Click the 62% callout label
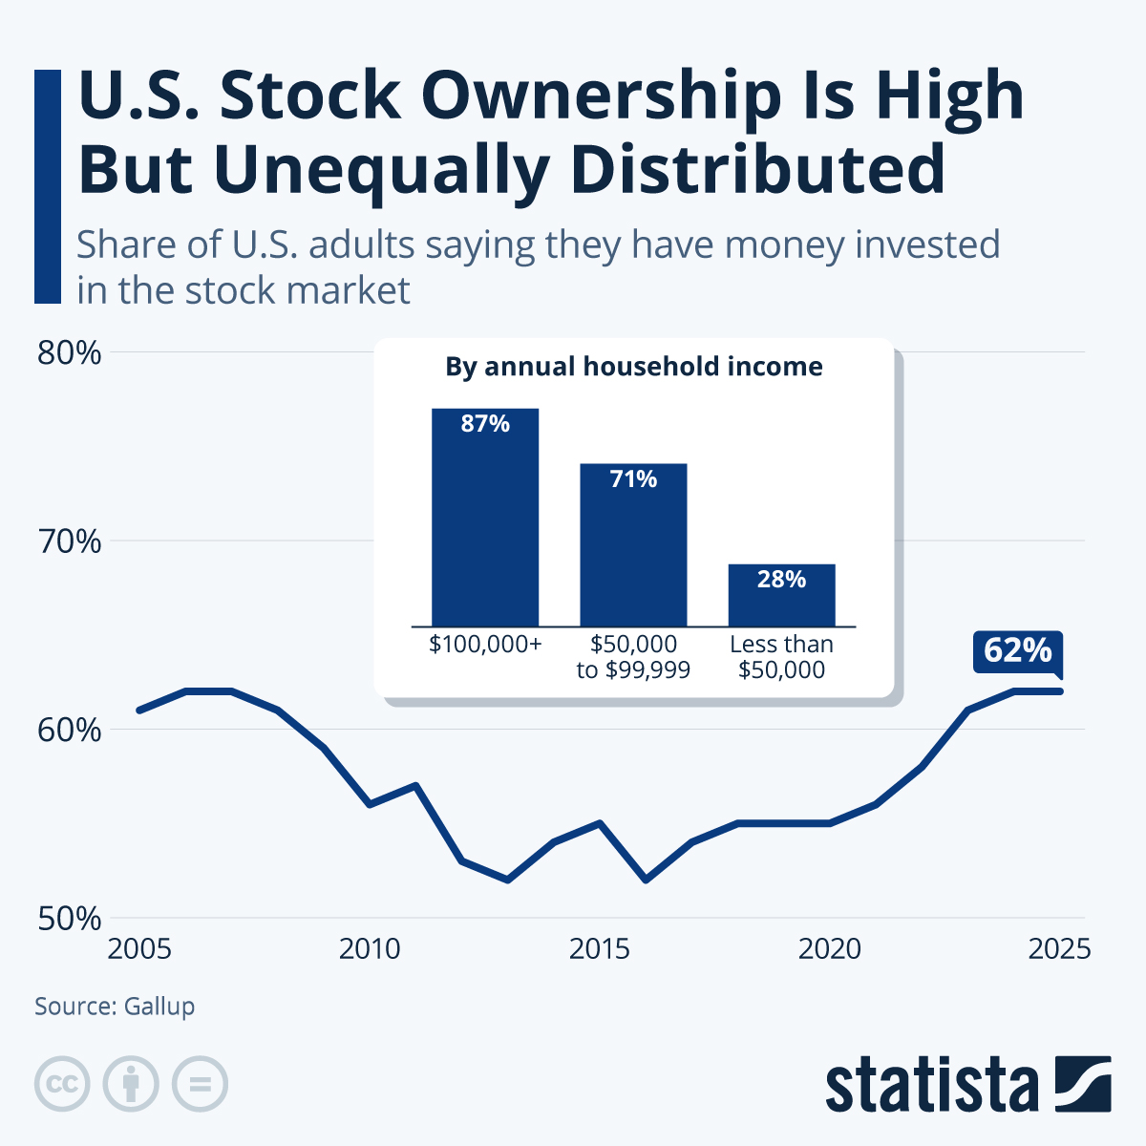(x=1017, y=650)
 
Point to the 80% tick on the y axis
(x=69, y=352)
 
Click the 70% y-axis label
(x=69, y=541)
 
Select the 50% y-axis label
(x=69, y=919)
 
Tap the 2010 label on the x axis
(x=370, y=949)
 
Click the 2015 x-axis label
(x=600, y=949)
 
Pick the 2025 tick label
(x=1059, y=949)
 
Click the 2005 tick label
(x=139, y=949)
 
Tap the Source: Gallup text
(x=115, y=1006)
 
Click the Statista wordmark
(x=931, y=1085)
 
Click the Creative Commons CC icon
(x=62, y=1084)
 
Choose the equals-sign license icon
(x=200, y=1084)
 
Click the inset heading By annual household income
(x=633, y=367)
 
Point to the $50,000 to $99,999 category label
(x=633, y=657)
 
